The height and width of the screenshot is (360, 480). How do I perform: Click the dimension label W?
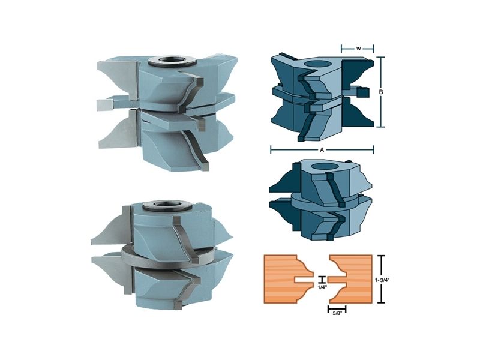[358, 49]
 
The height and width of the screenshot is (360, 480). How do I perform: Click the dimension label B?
[381, 92]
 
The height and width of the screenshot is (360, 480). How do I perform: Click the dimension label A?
[322, 150]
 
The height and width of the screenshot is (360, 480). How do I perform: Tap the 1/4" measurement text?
[322, 287]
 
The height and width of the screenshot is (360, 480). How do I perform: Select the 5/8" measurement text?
[337, 313]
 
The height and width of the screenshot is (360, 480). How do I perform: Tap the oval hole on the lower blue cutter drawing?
[324, 166]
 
